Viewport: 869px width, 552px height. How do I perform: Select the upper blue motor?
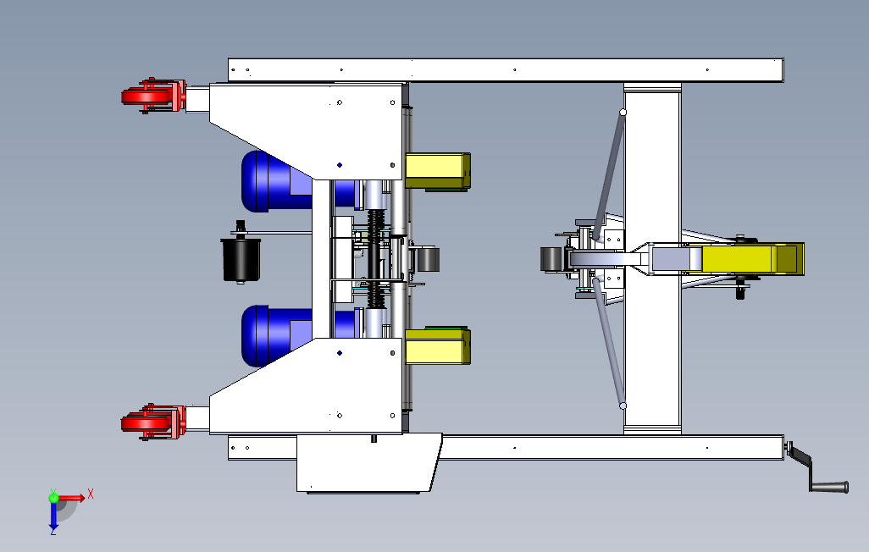pyautogui.click(x=277, y=181)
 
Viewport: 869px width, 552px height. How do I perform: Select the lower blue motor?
pyautogui.click(x=277, y=335)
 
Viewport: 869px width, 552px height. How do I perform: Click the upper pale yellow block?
pyautogui.click(x=438, y=171)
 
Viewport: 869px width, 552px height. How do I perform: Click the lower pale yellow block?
pyautogui.click(x=438, y=346)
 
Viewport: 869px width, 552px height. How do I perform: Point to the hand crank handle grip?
pyautogui.click(x=829, y=487)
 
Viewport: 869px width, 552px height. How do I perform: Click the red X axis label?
pyautogui.click(x=91, y=494)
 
